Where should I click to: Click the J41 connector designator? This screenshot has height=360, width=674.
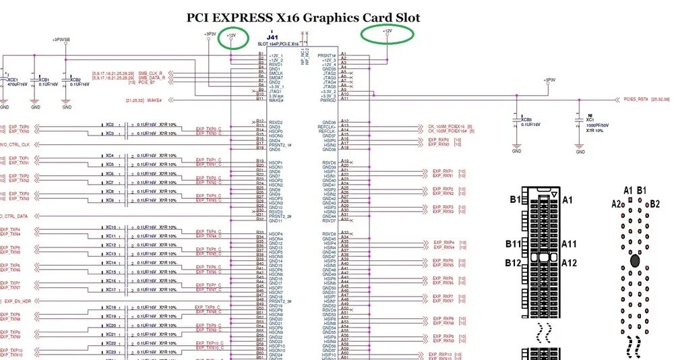point(272,37)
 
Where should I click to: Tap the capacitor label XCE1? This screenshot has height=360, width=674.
point(11,79)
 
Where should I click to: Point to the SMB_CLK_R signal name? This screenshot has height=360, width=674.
point(152,73)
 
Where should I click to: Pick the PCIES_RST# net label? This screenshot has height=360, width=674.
point(636,99)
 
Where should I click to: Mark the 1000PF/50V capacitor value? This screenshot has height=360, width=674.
point(596,125)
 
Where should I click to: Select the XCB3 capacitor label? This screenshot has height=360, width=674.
point(525,119)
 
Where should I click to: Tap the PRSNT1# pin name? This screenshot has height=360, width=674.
point(328,55)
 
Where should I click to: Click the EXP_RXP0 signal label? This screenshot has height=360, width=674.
point(439,140)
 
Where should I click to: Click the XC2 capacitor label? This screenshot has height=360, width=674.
point(110,125)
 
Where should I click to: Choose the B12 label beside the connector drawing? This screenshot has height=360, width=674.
point(515,262)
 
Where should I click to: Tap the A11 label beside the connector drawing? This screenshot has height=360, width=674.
point(568,244)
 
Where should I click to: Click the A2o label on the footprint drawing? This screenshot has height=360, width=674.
point(619,203)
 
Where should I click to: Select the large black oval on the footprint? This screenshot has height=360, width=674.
point(634,260)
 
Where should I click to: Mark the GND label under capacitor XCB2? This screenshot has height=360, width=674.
point(66,107)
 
